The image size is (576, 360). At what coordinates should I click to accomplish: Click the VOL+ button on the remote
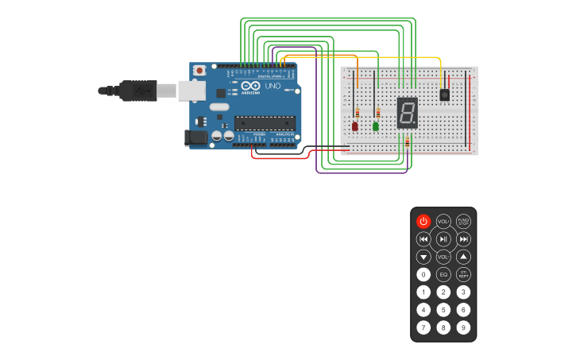point(443,222)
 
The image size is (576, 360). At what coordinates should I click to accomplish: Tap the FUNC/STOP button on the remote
point(464,222)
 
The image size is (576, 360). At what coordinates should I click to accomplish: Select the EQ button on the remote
point(443,274)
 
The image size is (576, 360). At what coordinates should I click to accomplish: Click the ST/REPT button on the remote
point(464,274)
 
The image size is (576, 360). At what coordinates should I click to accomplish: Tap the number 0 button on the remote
point(423,274)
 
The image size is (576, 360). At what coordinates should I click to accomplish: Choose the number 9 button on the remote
point(464,327)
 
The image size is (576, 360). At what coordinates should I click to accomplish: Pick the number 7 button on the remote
point(423,327)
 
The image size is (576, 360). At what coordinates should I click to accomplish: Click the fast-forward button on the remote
point(464,239)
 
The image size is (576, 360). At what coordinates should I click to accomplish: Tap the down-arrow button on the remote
point(423,257)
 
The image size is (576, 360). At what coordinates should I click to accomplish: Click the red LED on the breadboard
point(355,126)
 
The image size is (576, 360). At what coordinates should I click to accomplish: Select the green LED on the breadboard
point(376,126)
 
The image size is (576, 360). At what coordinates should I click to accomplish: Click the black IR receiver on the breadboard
point(444,95)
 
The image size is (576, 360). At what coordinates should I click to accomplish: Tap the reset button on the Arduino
point(199,71)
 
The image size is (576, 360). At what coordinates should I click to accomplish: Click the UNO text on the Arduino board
point(273,86)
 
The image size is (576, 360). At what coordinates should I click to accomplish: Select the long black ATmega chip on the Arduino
point(265,122)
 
